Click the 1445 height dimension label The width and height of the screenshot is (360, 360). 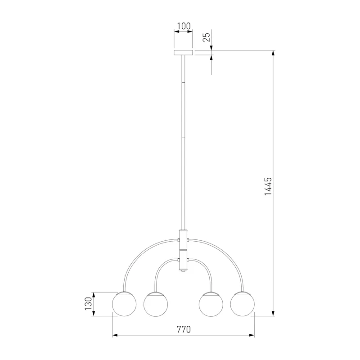tap(268, 186)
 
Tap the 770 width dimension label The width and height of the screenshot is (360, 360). tap(184, 329)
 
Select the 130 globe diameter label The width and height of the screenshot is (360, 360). tap(88, 304)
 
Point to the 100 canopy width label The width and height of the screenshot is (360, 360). tap(184, 26)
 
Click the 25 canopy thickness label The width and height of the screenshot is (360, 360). tap(206, 37)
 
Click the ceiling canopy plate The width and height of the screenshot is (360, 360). tap(183, 53)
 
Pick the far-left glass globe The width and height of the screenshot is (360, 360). tap(124, 304)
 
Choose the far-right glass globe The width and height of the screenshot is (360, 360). tap(243, 304)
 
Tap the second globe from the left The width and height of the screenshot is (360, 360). tap(156, 305)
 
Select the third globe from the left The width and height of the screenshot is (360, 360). tap(211, 305)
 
